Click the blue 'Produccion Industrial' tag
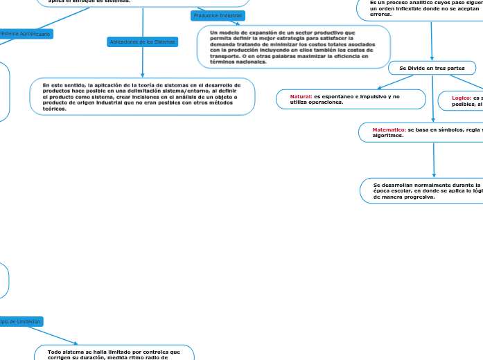coord(218,15)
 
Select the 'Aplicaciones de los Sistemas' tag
coord(143,42)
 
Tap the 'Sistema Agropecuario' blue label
coord(25,33)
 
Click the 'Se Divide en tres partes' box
coord(432,68)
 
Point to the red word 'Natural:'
coord(301,96)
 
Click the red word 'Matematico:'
coord(389,129)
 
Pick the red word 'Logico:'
coord(462,98)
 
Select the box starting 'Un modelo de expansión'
coord(294,47)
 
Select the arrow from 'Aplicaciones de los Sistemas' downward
coord(143,62)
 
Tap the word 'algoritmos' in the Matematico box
coord(388,136)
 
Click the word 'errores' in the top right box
coord(380,14)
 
